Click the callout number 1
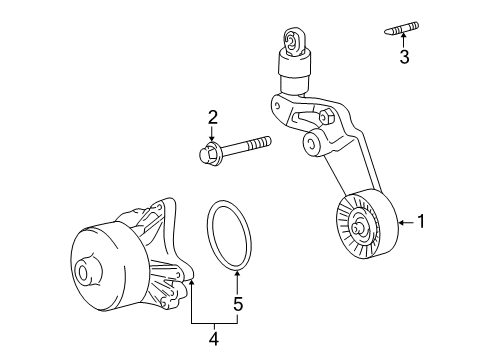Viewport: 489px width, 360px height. pyautogui.click(x=422, y=222)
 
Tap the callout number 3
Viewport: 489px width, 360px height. pyautogui.click(x=404, y=59)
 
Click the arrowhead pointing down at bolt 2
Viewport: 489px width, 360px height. pyautogui.click(x=213, y=140)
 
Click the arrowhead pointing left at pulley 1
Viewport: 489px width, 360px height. pyautogui.click(x=399, y=222)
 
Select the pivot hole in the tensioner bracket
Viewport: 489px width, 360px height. pyautogui.click(x=313, y=145)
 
